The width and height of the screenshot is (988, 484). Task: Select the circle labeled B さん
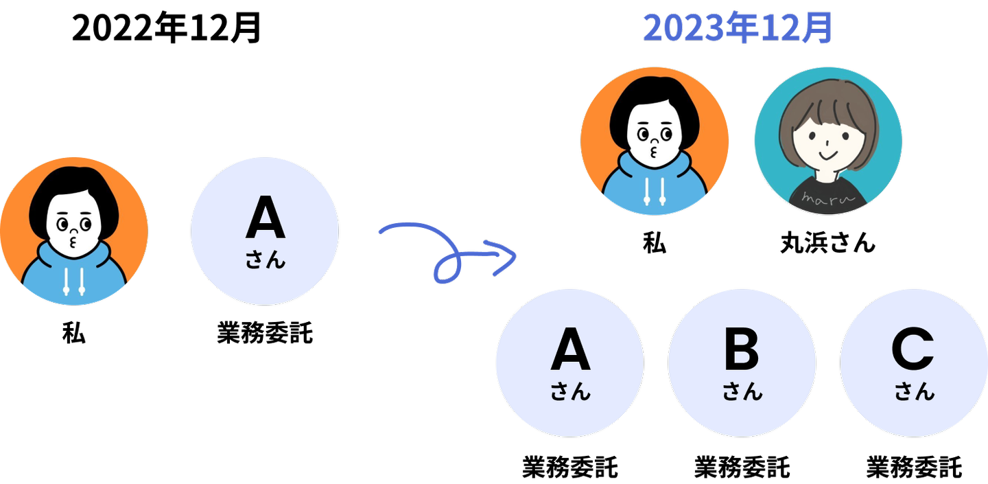click(742, 362)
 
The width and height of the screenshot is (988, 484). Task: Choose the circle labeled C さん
click(913, 362)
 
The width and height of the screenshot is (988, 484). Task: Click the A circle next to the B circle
click(569, 362)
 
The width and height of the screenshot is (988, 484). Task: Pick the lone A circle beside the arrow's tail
click(264, 231)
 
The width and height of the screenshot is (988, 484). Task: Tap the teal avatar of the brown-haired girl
click(827, 141)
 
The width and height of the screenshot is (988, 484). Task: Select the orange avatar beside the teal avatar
click(654, 141)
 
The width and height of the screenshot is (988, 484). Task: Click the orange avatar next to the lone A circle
click(73, 231)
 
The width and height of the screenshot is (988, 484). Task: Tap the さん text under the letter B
click(742, 393)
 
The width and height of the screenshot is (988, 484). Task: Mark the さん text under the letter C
click(914, 393)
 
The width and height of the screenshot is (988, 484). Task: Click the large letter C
click(913, 351)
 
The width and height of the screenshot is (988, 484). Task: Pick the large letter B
click(741, 351)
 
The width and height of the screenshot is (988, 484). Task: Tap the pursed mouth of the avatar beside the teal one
click(653, 149)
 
